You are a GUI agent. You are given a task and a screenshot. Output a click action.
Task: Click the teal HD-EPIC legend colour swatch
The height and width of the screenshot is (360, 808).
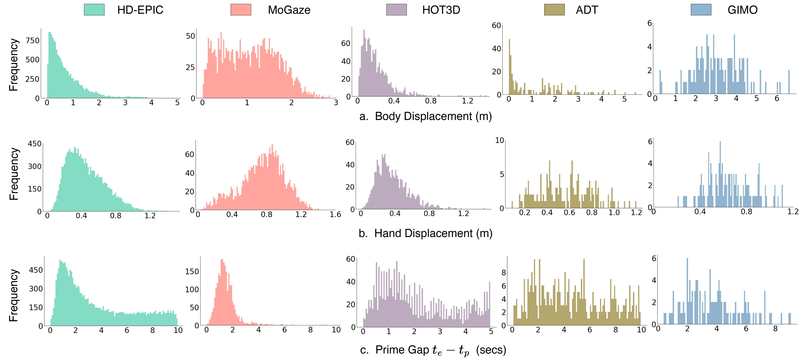tap(94, 10)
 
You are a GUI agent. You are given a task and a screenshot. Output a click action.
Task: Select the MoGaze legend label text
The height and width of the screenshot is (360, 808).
tap(289, 10)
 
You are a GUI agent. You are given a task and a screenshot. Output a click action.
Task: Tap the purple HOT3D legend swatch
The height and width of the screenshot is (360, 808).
tap(396, 10)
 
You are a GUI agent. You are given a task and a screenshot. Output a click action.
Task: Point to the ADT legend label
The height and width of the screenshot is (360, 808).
tap(587, 10)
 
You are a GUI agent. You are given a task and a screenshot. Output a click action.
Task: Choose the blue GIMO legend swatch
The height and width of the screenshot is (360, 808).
tap(701, 10)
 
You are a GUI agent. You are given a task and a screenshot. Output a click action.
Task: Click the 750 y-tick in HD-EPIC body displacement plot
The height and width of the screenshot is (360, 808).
tap(33, 40)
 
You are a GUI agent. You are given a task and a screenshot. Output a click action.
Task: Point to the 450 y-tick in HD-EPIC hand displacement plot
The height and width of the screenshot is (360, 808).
tap(34, 144)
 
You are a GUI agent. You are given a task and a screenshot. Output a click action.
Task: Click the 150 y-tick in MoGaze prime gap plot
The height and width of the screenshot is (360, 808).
tap(192, 271)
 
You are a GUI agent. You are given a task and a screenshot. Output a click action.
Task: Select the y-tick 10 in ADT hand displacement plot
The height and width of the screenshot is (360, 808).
tap(499, 141)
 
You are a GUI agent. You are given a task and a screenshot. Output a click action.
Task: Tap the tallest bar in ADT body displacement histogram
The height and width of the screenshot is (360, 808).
tap(509, 67)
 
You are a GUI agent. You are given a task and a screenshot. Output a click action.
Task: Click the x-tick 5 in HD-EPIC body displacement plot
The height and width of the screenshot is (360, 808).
tap(177, 103)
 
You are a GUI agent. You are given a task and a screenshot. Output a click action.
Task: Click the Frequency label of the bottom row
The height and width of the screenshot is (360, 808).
tap(13, 295)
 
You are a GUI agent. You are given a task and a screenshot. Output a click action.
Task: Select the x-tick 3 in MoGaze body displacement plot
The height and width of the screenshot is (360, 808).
tap(336, 103)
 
